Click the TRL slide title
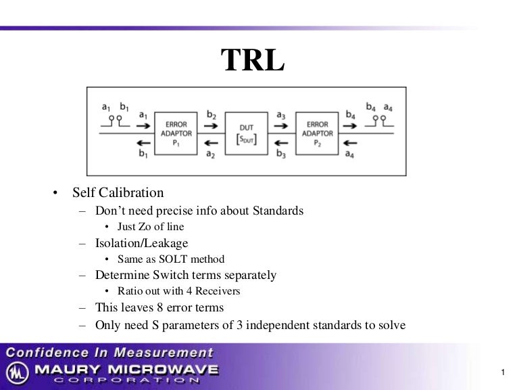[x=253, y=61]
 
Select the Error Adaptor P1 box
[x=176, y=133]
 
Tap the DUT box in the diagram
[x=247, y=133]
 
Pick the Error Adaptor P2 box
[x=317, y=133]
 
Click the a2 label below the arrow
[x=212, y=155]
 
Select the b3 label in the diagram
[x=281, y=155]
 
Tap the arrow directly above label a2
[x=212, y=143]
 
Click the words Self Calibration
[x=118, y=194]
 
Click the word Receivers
[x=218, y=291]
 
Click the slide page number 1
[x=504, y=372]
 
